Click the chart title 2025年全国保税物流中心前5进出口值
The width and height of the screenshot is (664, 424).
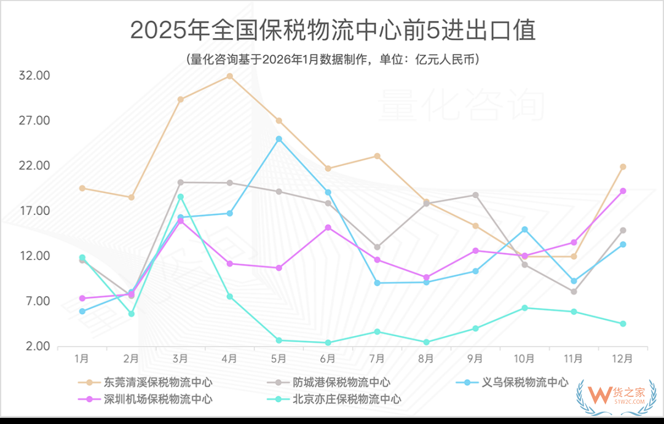(x=333, y=30)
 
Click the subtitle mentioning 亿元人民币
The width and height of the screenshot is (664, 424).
(x=332, y=60)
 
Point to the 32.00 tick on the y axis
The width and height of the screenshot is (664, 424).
(x=34, y=76)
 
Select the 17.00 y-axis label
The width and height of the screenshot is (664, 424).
(x=34, y=211)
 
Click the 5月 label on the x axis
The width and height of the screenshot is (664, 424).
(x=279, y=358)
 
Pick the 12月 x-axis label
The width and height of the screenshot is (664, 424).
(x=622, y=358)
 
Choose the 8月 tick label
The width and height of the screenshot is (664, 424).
(x=426, y=358)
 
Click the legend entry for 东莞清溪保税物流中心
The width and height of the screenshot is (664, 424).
(x=154, y=383)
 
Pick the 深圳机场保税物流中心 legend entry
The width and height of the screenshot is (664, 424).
(x=154, y=399)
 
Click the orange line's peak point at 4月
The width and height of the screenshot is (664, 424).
(x=229, y=76)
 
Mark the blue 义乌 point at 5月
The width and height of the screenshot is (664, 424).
(x=279, y=139)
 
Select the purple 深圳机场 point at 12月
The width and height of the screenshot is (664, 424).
(x=623, y=191)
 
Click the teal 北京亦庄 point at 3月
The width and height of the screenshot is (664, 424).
(x=180, y=197)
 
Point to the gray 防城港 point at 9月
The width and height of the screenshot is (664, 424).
(x=475, y=195)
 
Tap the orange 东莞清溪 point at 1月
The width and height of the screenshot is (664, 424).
(x=82, y=188)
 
